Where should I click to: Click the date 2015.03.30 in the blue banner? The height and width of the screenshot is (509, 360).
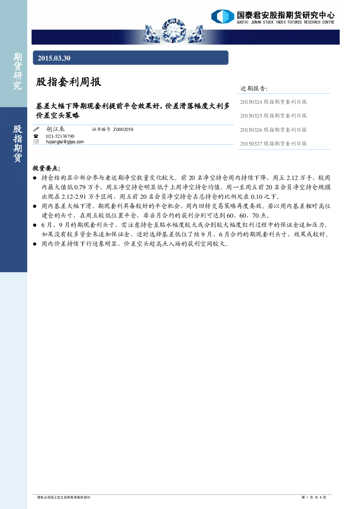coord(54,58)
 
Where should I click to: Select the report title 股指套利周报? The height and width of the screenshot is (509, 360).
coord(69,82)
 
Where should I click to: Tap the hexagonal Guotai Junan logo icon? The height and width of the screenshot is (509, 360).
coord(222,16)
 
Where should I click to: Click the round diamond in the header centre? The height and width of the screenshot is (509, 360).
coord(174,31)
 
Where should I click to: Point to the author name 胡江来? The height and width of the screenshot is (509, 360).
coord(56,129)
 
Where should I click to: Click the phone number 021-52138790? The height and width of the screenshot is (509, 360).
coord(60,136)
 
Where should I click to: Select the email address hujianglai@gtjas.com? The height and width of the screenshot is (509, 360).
coord(65,142)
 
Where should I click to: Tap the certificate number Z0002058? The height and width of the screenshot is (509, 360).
coord(123,130)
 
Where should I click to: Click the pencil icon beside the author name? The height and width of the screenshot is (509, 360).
coord(36,129)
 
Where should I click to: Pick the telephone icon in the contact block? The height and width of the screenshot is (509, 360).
coord(36,136)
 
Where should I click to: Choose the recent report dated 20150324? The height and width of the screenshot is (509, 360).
coord(273,102)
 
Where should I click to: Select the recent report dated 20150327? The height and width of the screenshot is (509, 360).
coord(273,144)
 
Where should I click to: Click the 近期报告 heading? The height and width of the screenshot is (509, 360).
coord(254,89)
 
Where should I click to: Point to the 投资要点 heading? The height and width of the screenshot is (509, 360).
coord(46,168)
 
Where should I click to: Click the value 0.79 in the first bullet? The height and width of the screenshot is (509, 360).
coord(80,187)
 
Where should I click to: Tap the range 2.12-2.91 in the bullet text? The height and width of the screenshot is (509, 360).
coord(74,197)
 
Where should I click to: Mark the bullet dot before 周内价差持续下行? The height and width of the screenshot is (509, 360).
coord(35,244)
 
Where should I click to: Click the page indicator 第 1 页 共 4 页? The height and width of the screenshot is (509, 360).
coord(314,497)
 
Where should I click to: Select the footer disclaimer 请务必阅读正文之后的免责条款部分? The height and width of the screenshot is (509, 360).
coord(64,497)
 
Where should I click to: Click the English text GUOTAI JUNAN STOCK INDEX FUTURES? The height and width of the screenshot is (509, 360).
coord(269,22)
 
